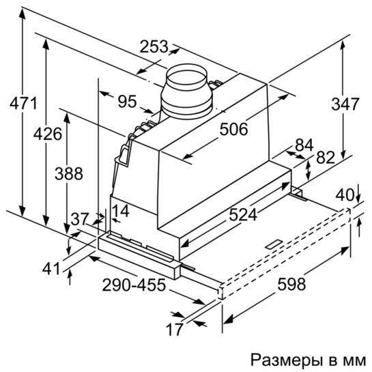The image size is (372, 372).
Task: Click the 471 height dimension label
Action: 23,103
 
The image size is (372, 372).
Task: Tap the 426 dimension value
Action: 48,134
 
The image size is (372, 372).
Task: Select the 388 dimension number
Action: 69,173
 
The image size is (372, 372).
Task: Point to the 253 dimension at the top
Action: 154,46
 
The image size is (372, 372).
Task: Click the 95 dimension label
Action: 128,101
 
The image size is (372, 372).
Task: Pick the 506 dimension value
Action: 233,129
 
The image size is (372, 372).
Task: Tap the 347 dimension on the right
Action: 345,104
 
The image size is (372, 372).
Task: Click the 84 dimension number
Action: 304,145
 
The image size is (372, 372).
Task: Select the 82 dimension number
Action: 326,157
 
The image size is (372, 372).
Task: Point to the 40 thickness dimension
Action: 345,195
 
